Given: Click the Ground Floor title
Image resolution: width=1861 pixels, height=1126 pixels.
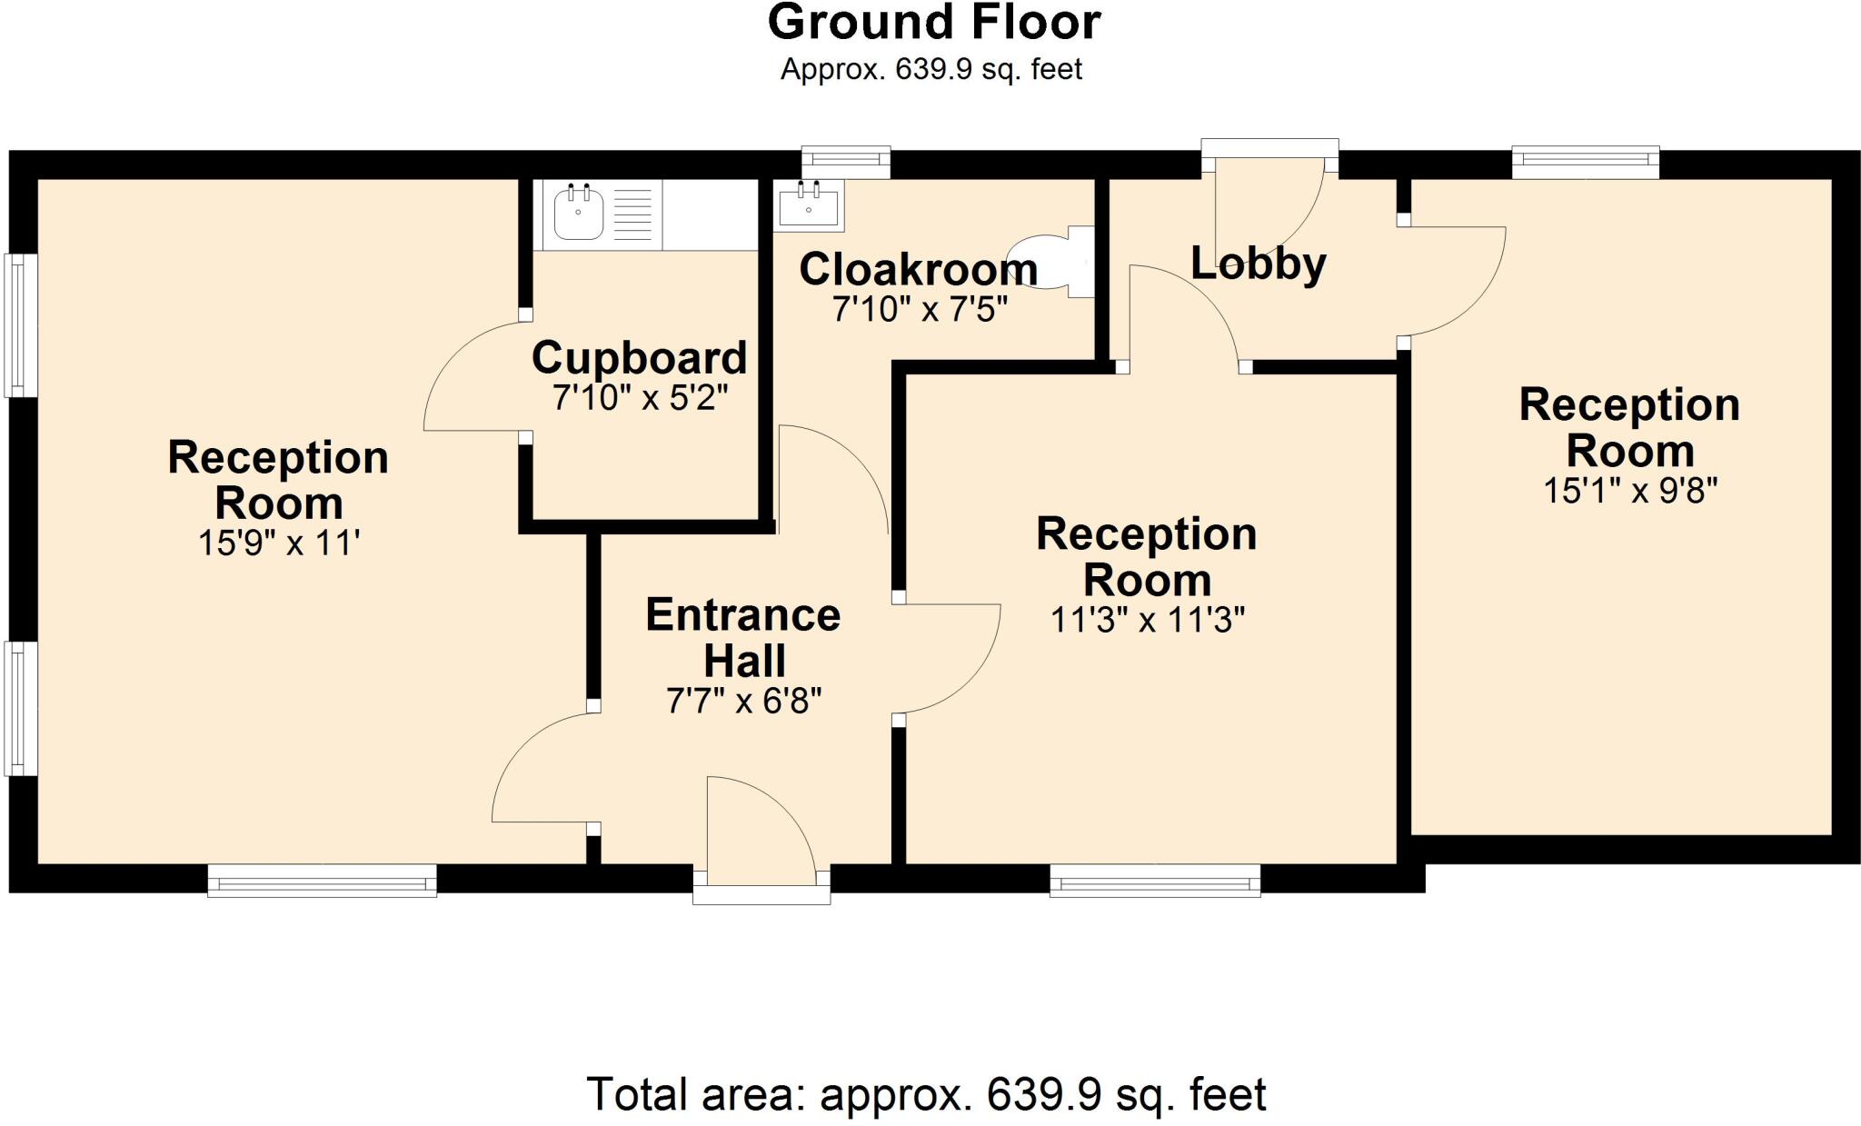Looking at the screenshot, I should (x=934, y=23).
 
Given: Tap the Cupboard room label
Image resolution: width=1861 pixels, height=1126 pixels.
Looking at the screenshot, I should (x=639, y=357).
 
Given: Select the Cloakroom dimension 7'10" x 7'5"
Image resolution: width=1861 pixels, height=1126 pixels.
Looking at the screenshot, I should (x=920, y=310).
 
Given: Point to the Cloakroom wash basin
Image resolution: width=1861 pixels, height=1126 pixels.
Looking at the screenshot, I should (x=809, y=204).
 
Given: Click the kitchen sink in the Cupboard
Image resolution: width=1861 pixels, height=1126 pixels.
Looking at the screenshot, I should (x=579, y=214).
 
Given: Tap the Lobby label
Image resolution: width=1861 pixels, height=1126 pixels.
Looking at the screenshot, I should (x=1258, y=264).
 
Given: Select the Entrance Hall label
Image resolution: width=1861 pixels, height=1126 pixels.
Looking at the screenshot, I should (x=743, y=638).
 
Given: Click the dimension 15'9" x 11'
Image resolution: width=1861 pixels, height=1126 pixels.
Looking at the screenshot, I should (x=279, y=543).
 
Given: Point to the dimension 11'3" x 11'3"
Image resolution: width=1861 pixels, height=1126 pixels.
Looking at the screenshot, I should (x=1147, y=621).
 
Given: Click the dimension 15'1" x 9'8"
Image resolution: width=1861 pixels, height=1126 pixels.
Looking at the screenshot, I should (x=1629, y=492).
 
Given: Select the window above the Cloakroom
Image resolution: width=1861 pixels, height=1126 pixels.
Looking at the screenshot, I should (x=846, y=161).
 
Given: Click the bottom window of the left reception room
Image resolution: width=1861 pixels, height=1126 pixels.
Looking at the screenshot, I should (x=322, y=880).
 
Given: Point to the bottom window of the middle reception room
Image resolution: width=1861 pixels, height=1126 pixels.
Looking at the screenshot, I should (x=1154, y=880).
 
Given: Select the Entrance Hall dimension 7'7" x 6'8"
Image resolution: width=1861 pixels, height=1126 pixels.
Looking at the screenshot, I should (x=743, y=702).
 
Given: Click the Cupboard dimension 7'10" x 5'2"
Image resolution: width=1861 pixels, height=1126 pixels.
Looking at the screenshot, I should (x=641, y=398).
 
